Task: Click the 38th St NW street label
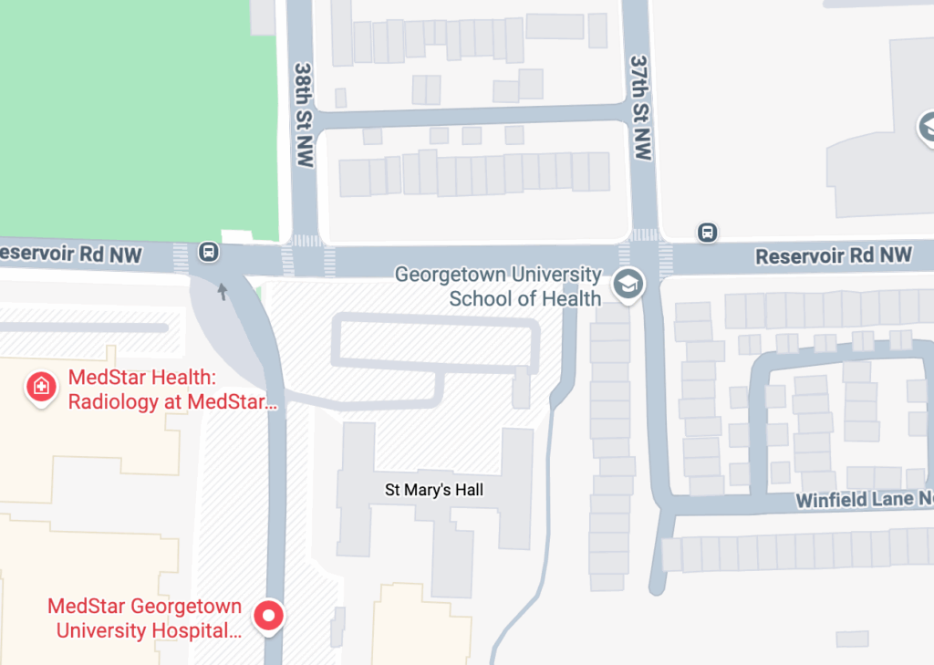304,114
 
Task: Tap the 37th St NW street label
641,107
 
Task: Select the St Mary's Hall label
434,491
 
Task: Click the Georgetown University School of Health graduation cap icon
628,285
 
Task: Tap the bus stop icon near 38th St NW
209,252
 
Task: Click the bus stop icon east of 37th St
707,233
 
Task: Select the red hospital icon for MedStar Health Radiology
41,387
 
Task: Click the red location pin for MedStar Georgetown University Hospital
268,616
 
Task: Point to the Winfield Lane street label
863,501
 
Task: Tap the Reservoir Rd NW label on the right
834,256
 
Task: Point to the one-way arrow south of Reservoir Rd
222,291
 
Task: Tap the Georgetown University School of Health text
498,286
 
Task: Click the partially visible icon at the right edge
927,128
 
